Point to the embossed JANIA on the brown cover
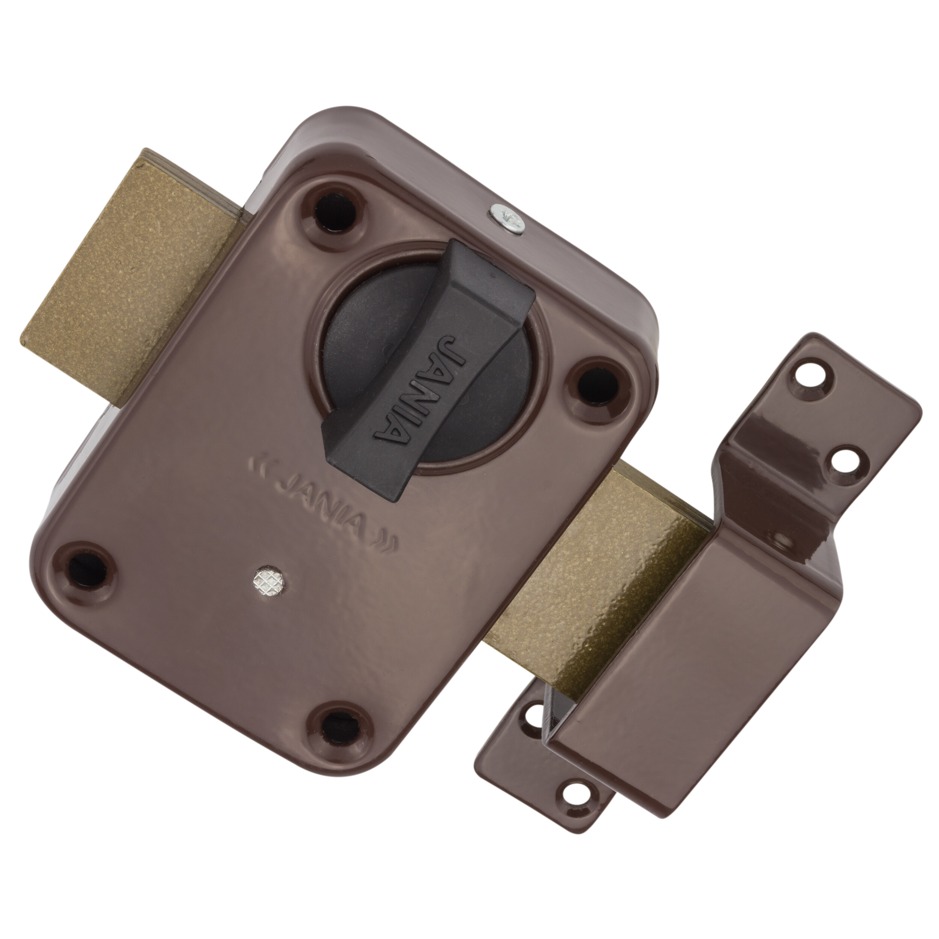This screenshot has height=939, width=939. coord(324,509)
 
